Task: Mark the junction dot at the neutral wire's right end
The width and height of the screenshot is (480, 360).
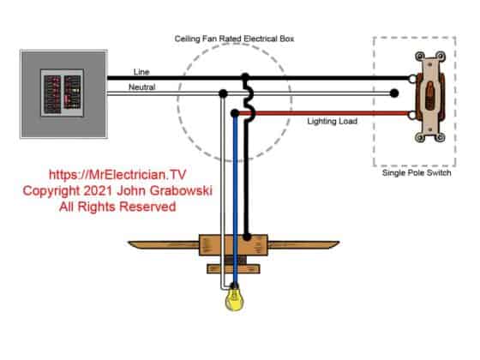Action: click(395, 94)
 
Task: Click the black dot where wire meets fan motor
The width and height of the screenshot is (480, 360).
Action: click(248, 233)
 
